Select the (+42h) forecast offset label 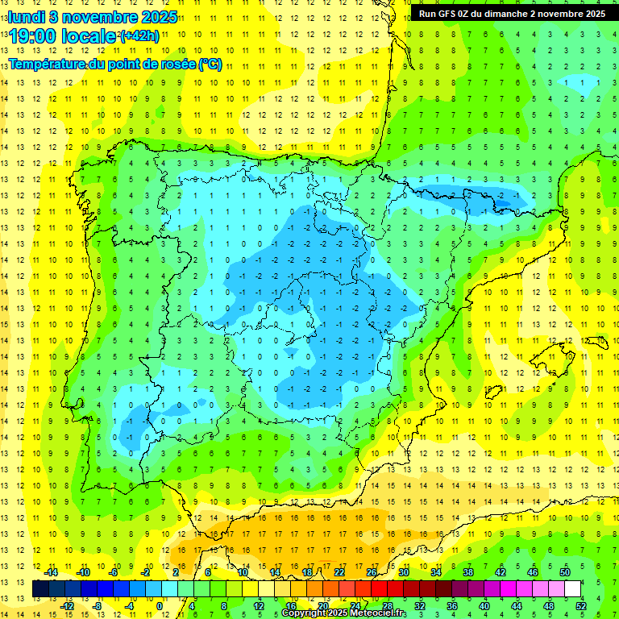[139, 36]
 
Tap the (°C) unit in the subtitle [209, 64]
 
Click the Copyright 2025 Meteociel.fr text [343, 613]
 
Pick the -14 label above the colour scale [52, 572]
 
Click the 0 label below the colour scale [159, 606]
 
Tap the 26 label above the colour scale [372, 572]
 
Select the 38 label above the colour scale [468, 572]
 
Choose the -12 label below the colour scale [68, 606]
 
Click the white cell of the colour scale [573, 588]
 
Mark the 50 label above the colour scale [565, 572]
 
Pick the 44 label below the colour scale [517, 606]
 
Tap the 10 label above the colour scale [243, 572]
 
